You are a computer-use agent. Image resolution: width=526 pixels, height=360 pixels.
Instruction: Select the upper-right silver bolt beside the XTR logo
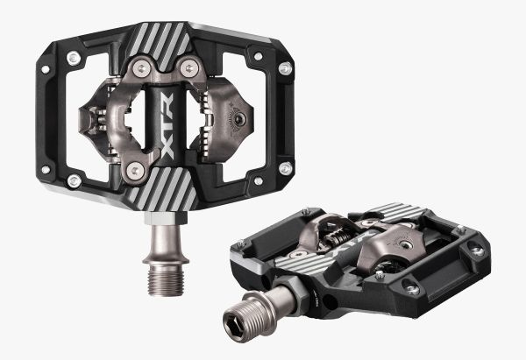(186, 67)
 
